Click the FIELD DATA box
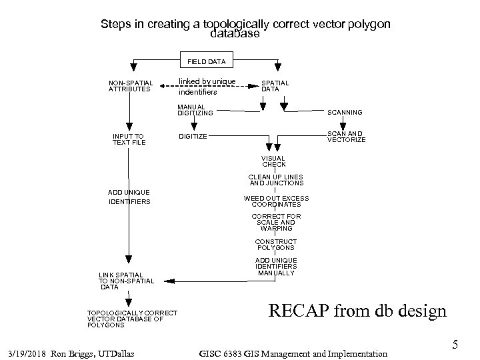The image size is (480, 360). [x=206, y=61]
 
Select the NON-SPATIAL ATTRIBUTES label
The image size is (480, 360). [x=130, y=86]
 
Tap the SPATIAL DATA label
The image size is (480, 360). [x=275, y=86]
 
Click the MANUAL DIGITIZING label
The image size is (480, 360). [x=195, y=110]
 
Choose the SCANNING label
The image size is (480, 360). [x=344, y=113]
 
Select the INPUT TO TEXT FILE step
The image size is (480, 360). [x=129, y=139]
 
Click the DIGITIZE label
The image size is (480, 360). [x=193, y=137]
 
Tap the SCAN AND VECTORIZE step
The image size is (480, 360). [x=345, y=137]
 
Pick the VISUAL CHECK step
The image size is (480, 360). [x=274, y=161]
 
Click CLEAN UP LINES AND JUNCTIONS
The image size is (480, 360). [x=276, y=180]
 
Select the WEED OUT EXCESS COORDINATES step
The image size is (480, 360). [x=276, y=201]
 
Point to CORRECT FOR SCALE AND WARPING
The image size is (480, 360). [x=276, y=222]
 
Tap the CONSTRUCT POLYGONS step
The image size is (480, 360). [x=276, y=245]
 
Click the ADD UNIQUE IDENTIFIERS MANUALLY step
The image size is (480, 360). [x=276, y=267]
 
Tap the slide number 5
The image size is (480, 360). [x=455, y=345]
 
